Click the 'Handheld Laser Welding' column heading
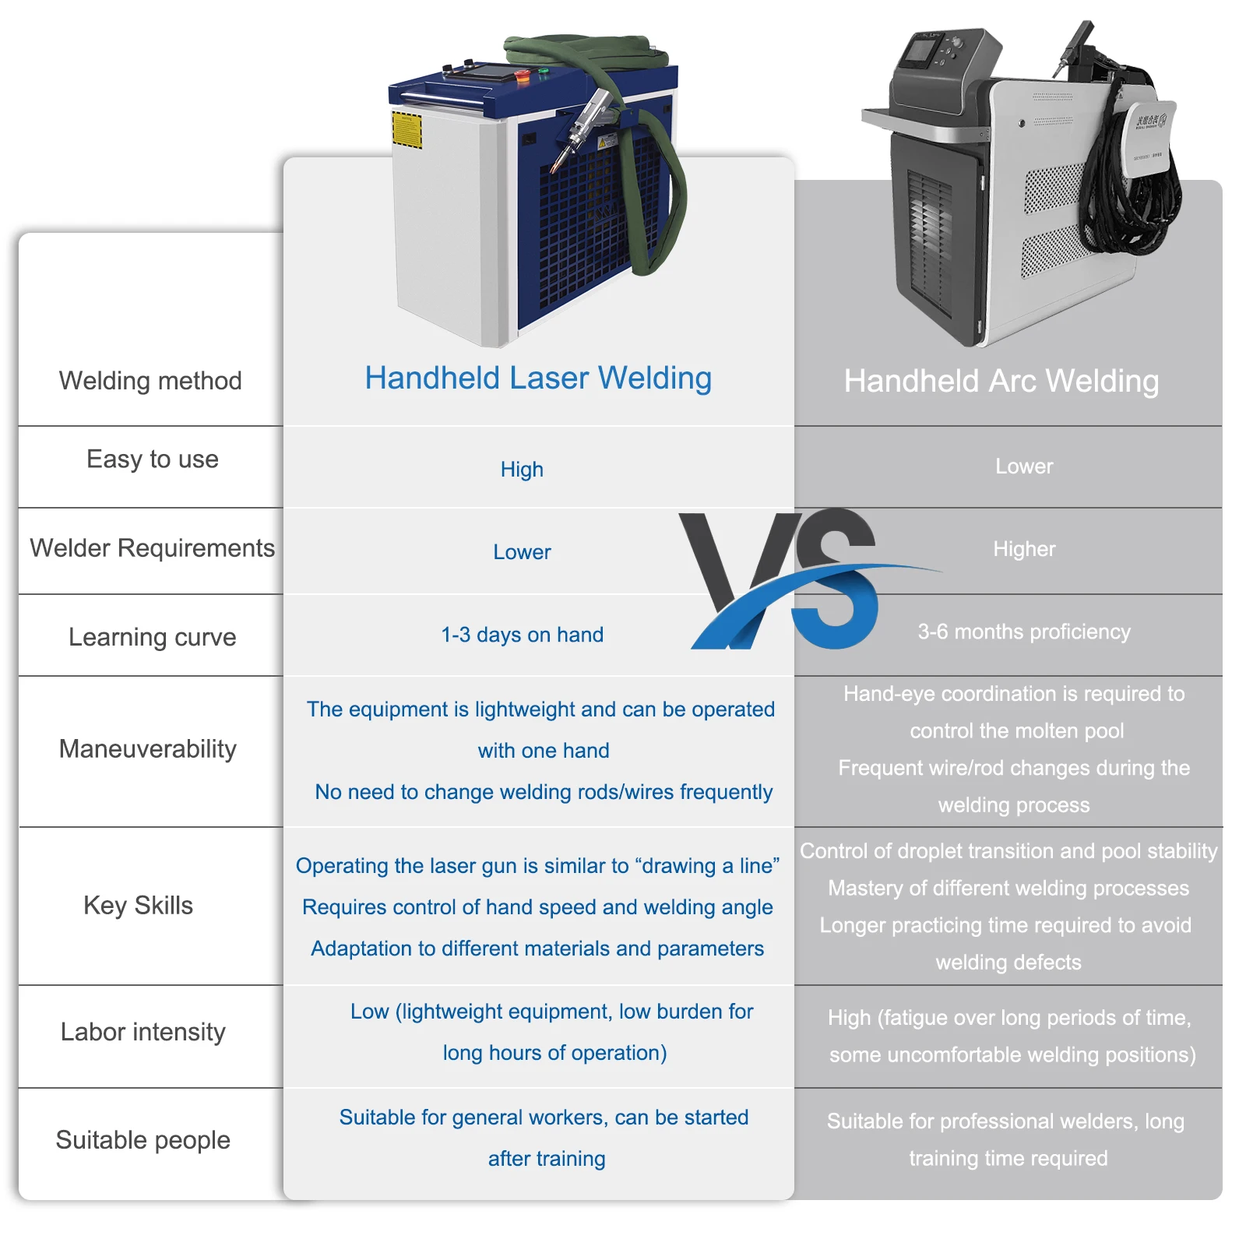coord(538,378)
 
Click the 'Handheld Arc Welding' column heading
coord(1001,382)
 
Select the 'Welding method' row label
coord(150,381)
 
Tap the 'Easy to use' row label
coord(153,459)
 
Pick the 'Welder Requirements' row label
coord(153,548)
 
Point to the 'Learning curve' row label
coord(153,637)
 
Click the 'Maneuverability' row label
coord(148,749)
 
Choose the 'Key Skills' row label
coord(139,906)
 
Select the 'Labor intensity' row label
coord(143,1032)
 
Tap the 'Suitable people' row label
coord(143,1140)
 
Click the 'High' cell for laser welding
coord(522,470)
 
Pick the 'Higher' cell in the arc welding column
coord(1024,549)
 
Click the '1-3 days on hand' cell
coord(522,635)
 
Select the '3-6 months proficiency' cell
coord(1024,632)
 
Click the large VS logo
coord(787,580)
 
